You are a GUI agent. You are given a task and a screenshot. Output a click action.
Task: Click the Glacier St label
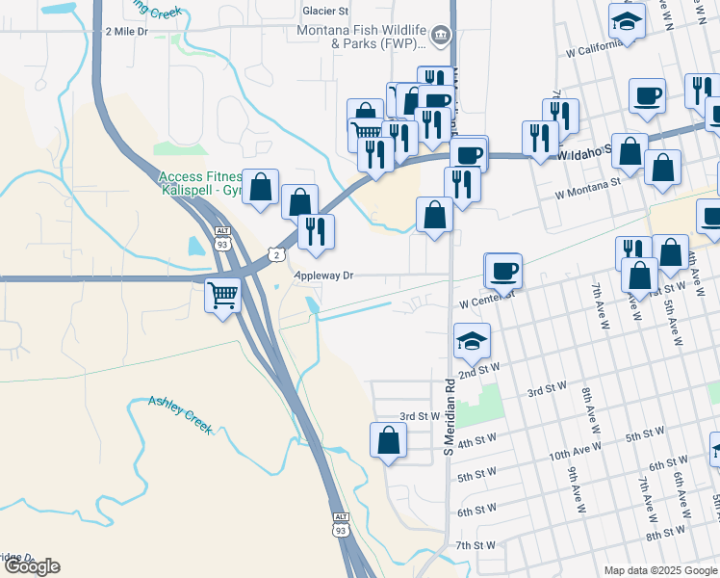point(325,11)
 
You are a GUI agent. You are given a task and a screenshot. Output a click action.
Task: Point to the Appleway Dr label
point(324,276)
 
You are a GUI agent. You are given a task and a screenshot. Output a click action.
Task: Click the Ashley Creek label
point(179,415)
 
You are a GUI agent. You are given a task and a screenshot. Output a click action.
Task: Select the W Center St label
point(481,302)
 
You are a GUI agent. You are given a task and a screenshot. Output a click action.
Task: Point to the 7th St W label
point(476,545)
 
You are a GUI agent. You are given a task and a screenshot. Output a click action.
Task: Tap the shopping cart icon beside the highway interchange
point(222,294)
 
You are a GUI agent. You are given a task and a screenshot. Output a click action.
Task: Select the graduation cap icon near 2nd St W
point(472,340)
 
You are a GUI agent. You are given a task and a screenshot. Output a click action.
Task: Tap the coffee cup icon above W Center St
point(502,271)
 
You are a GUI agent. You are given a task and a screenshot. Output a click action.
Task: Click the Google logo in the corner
point(31,566)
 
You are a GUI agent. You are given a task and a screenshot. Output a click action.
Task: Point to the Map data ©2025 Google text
point(660,570)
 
